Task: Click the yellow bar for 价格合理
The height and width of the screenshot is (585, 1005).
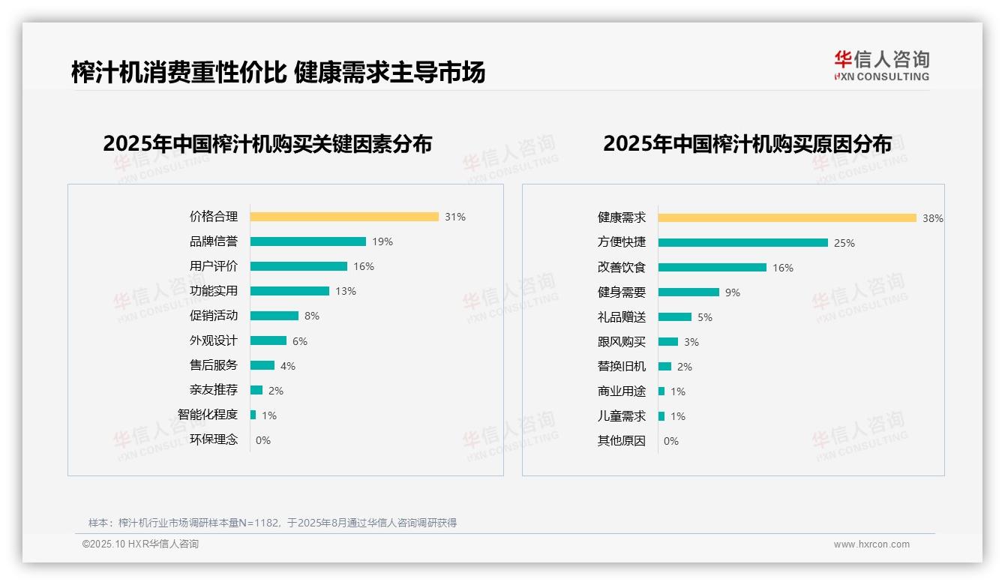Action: (x=344, y=217)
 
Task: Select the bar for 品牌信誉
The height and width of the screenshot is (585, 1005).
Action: (x=308, y=241)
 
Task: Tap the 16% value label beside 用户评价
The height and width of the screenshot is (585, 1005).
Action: (x=364, y=266)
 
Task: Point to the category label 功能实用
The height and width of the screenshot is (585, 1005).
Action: (x=213, y=291)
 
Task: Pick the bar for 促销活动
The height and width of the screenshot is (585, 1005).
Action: (x=274, y=316)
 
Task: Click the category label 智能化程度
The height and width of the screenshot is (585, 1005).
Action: (x=207, y=415)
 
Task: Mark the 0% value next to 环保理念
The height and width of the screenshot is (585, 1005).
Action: (x=263, y=440)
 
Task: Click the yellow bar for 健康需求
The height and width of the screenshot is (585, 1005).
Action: (x=787, y=218)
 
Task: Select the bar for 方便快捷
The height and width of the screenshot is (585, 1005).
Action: (x=743, y=243)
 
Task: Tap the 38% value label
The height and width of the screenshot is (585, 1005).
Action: (x=933, y=218)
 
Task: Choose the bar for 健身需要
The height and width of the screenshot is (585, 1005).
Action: (x=688, y=292)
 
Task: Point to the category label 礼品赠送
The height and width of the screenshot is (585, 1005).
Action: (x=621, y=317)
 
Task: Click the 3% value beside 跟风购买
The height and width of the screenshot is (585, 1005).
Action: (x=691, y=342)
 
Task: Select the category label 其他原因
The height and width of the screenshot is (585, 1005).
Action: (x=621, y=441)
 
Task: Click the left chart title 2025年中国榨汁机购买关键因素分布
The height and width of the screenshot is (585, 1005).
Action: (x=267, y=144)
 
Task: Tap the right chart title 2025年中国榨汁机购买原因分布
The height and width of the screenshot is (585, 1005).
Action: (x=747, y=144)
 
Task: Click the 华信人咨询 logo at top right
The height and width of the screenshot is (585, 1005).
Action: (x=881, y=66)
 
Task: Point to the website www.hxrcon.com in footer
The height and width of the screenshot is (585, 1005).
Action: (x=871, y=544)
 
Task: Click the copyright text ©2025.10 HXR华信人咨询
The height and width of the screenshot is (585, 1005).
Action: (x=140, y=544)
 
